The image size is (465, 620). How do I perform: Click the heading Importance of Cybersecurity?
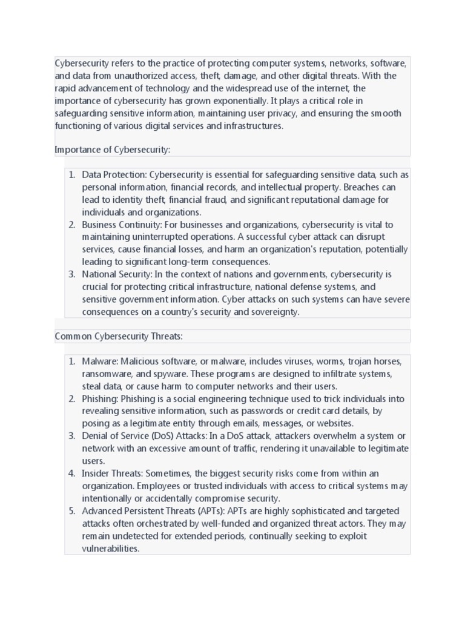click(x=113, y=150)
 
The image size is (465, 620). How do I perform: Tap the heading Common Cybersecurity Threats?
click(x=119, y=336)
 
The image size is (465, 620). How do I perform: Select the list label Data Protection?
click(x=114, y=175)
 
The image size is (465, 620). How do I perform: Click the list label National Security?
click(x=117, y=274)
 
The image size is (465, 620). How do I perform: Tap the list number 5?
click(x=71, y=511)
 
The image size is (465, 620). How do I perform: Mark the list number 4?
click(x=71, y=473)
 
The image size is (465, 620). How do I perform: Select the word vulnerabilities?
click(x=111, y=549)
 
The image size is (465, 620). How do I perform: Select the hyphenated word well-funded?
click(x=258, y=524)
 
